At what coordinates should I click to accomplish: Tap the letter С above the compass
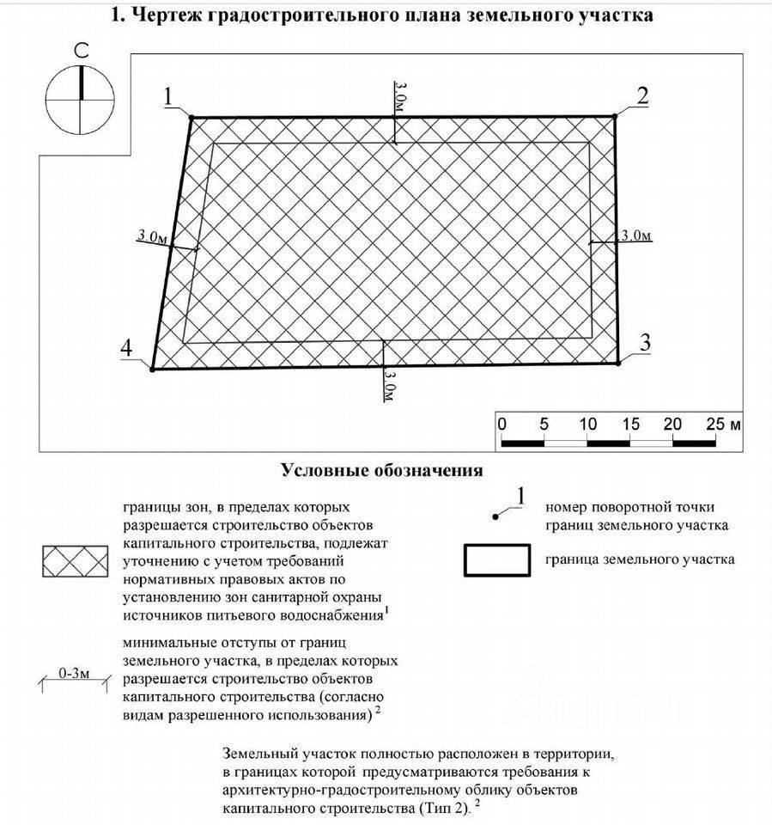point(81,52)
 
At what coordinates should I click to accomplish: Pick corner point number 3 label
point(645,342)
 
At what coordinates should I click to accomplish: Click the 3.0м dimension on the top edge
point(399,101)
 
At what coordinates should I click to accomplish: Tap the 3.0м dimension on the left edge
point(152,236)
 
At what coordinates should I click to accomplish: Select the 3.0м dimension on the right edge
point(636,236)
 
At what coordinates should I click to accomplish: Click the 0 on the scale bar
point(501,425)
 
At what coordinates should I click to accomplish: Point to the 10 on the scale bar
point(587,425)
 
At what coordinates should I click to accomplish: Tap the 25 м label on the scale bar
point(723,425)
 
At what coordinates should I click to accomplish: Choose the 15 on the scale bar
point(630,425)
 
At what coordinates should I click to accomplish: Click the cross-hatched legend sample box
point(76,560)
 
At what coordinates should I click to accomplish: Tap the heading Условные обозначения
point(381,471)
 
